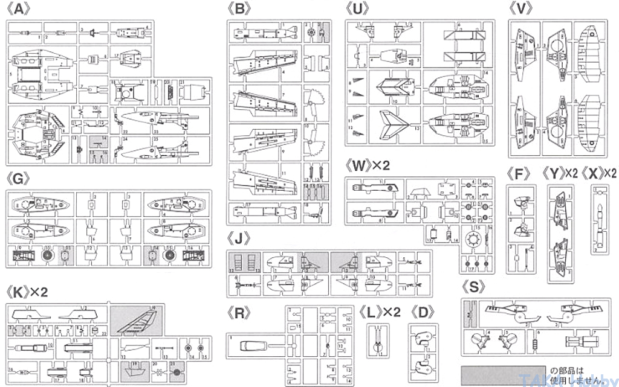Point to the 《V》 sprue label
point(520,8)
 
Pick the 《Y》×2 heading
point(559,174)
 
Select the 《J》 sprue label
point(240,239)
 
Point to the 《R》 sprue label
point(239,313)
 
